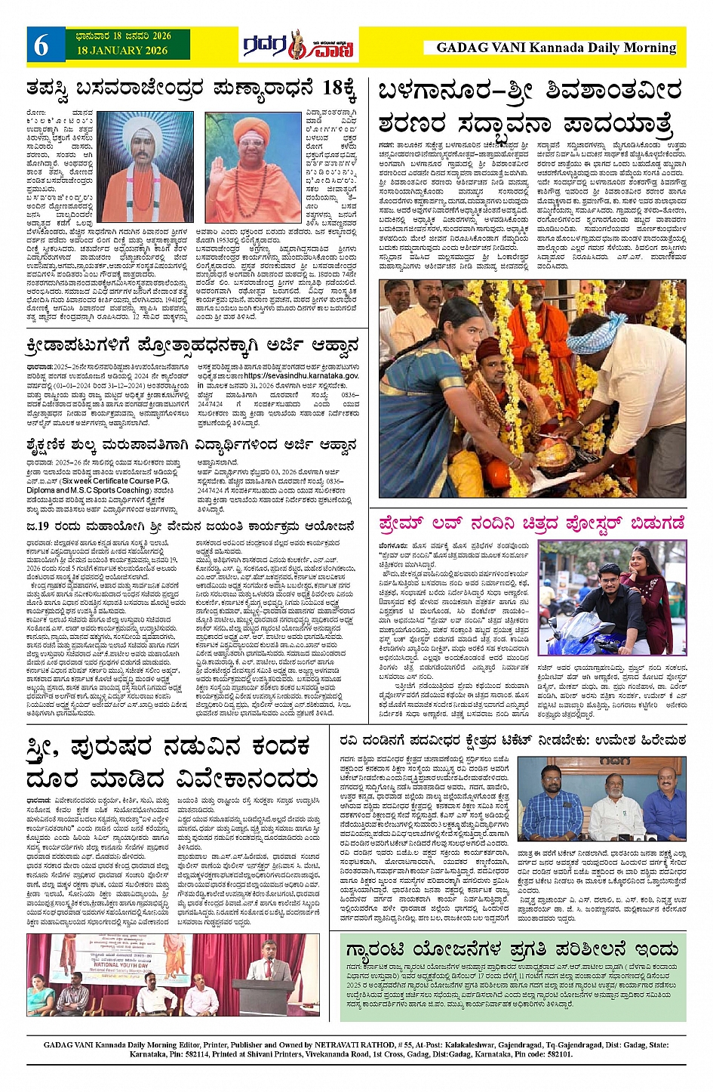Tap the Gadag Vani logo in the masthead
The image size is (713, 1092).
(x=298, y=46)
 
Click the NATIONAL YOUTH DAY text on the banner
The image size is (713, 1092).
(x=126, y=965)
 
